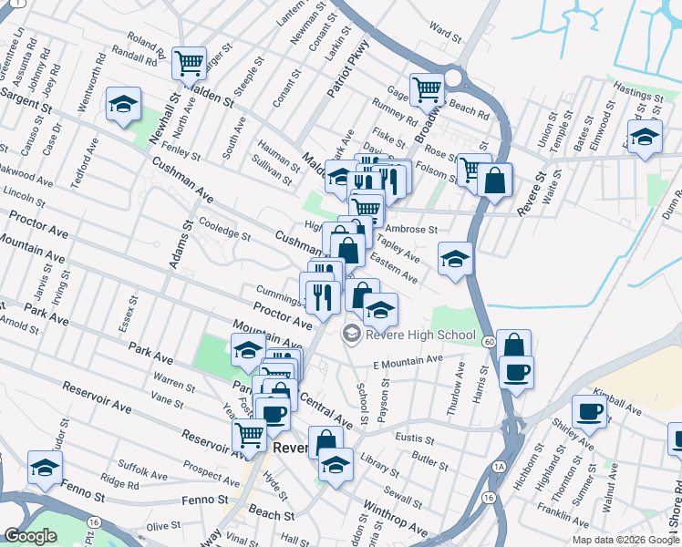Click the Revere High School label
[420, 335]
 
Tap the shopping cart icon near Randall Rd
[190, 64]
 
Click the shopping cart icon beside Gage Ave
[427, 89]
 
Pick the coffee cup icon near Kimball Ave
[590, 412]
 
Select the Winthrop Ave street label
[394, 517]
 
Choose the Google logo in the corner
[31, 537]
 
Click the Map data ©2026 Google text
[625, 540]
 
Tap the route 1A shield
[498, 466]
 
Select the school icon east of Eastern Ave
[455, 259]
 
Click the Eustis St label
[415, 439]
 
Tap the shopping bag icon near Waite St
[494, 181]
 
